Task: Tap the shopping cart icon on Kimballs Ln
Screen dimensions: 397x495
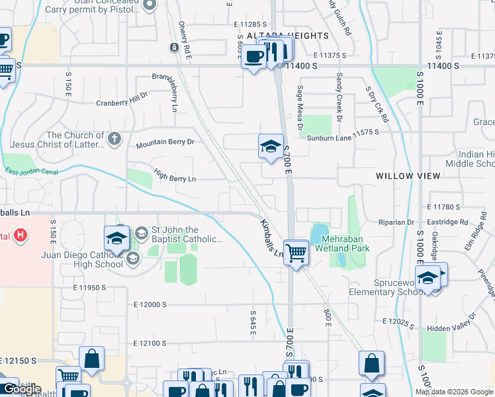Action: (x=296, y=251)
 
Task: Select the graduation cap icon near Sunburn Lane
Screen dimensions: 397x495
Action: (x=270, y=147)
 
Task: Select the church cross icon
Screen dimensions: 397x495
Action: (x=114, y=139)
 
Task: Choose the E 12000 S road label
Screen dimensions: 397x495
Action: (x=150, y=304)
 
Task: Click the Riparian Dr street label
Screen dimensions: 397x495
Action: (x=398, y=222)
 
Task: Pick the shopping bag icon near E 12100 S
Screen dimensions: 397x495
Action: (x=92, y=359)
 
